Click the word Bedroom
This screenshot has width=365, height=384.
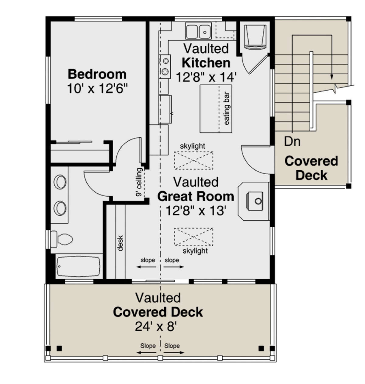[97, 74]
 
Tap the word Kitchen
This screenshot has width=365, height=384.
[206, 63]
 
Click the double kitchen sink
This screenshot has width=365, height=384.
[198, 31]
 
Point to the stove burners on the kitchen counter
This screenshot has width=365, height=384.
[165, 66]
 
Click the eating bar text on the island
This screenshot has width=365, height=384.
[227, 108]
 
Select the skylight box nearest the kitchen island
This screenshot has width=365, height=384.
[193, 160]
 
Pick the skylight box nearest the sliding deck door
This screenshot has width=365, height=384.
[193, 237]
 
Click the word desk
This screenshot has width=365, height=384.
[120, 243]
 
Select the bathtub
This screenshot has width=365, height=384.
[79, 266]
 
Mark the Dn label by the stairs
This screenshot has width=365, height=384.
[292, 141]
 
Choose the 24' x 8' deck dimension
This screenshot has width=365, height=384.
[156, 327]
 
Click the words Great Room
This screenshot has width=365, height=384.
[196, 196]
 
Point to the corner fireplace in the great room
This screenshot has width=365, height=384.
[255, 201]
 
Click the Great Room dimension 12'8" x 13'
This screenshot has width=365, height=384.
[196, 211]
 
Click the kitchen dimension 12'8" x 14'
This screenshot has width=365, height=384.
[206, 77]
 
